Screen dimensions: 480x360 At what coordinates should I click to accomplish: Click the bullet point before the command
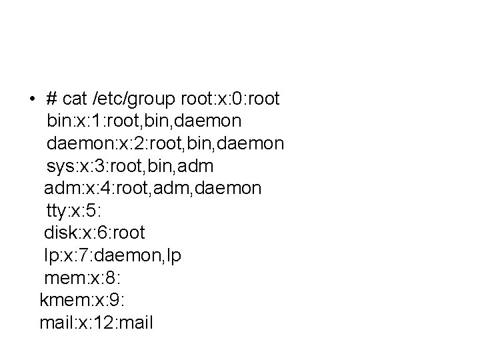pyautogui.click(x=31, y=100)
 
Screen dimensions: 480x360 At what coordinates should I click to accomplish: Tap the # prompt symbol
pyautogui.click(x=51, y=99)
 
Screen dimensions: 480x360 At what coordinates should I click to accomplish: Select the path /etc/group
pyautogui.click(x=135, y=99)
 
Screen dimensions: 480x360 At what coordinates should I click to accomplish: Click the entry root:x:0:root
pyautogui.click(x=230, y=99)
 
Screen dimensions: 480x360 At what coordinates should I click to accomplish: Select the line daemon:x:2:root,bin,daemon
pyautogui.click(x=165, y=143)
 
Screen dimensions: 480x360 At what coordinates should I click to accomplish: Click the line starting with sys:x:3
pyautogui.click(x=130, y=166)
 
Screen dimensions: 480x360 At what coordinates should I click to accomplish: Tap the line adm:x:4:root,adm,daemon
pyautogui.click(x=153, y=189)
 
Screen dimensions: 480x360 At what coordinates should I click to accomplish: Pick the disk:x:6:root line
pyautogui.click(x=94, y=233)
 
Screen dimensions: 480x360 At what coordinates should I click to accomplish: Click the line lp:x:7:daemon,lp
pyautogui.click(x=113, y=256)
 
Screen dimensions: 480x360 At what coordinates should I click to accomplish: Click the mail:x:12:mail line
pyautogui.click(x=97, y=323)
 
